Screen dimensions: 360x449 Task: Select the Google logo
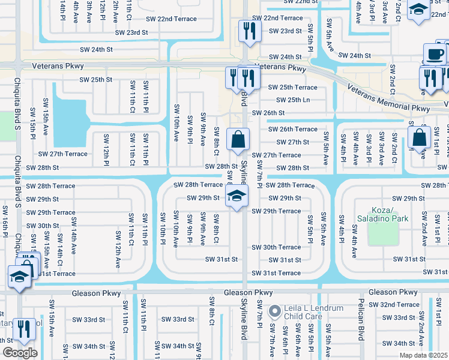[20, 353]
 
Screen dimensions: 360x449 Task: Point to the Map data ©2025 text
[424, 355]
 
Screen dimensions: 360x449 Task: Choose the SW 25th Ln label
[289, 100]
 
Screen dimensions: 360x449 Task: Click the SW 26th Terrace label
[292, 129]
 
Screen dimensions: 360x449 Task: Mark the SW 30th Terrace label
[276, 247]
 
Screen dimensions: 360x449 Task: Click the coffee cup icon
[435, 53]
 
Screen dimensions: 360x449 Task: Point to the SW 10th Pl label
[162, 228]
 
